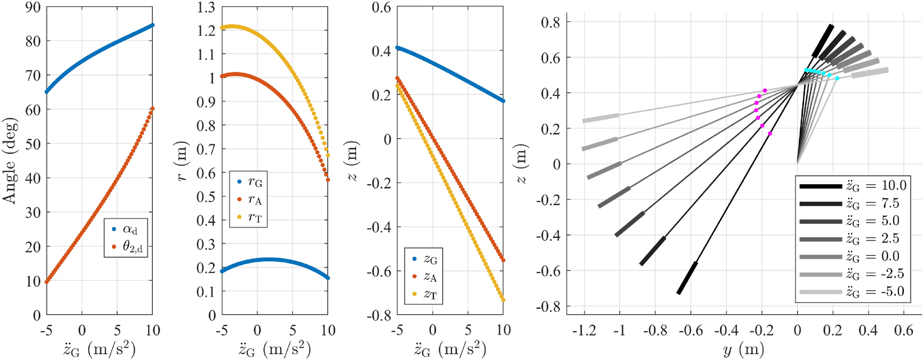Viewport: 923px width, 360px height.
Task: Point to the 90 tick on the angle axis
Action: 33,7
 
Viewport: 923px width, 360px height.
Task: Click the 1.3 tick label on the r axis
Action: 206,7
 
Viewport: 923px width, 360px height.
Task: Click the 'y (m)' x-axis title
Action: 744,349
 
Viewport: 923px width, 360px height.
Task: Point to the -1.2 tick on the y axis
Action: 584,330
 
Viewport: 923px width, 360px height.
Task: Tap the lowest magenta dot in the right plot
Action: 770,134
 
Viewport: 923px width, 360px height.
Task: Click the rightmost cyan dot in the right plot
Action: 837,78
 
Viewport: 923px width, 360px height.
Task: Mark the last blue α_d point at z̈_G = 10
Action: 152,25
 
